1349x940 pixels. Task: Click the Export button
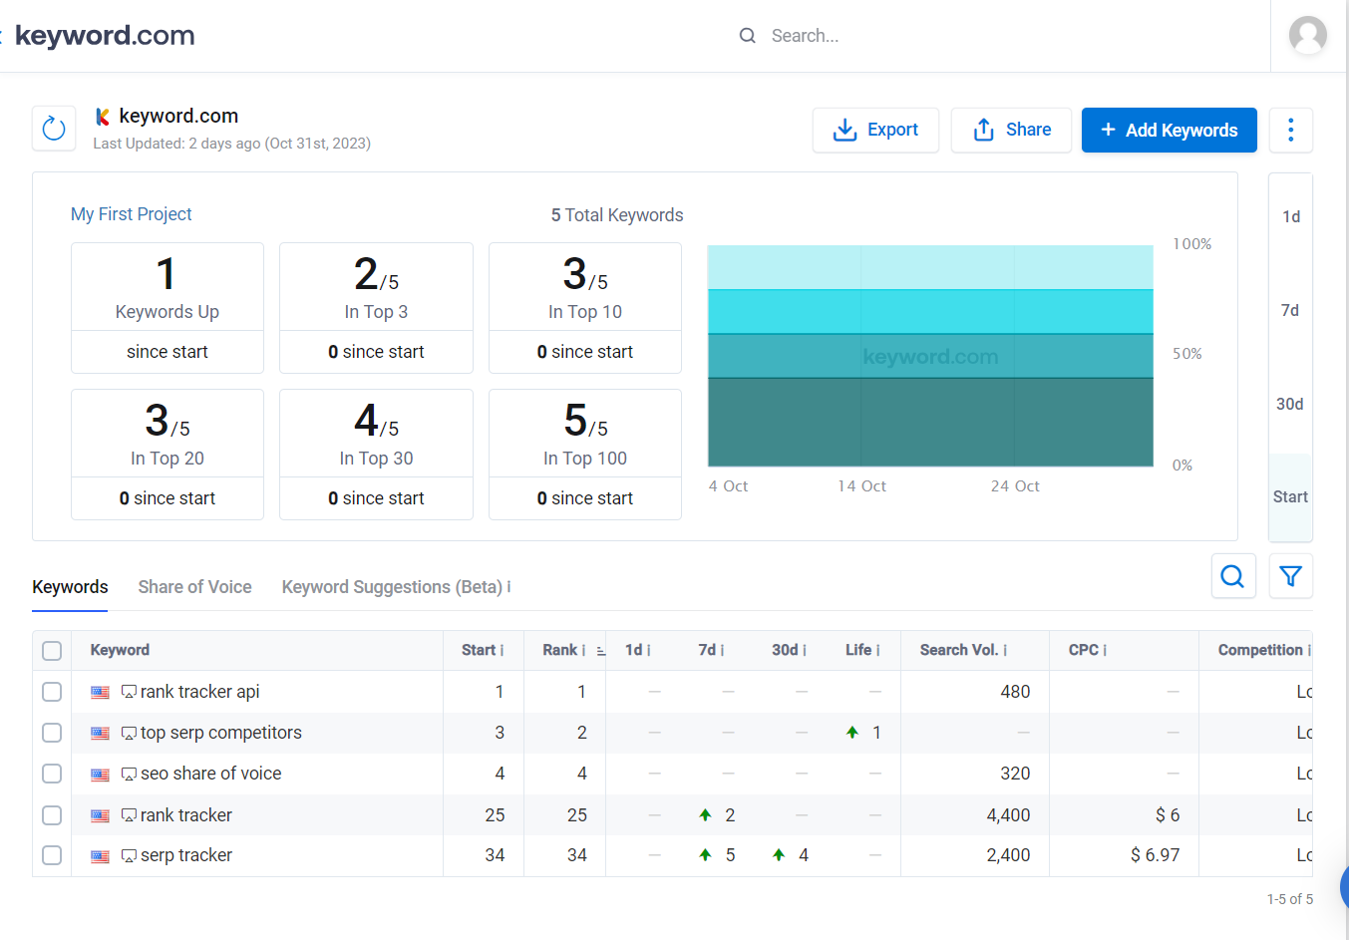click(x=875, y=130)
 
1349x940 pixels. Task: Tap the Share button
click(x=1011, y=130)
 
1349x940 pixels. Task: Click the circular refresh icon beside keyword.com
click(x=54, y=129)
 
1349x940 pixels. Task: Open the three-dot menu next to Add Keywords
click(x=1290, y=130)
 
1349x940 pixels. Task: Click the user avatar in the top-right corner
click(x=1307, y=36)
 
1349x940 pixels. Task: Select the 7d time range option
click(x=1290, y=310)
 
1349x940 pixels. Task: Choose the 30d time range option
click(x=1290, y=404)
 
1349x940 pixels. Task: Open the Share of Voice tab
click(x=194, y=587)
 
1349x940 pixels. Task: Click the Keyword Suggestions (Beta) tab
click(x=391, y=587)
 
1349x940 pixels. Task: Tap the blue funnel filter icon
click(x=1290, y=576)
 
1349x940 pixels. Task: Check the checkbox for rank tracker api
click(x=52, y=692)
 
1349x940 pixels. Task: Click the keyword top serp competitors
click(x=220, y=733)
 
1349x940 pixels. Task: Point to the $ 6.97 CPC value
click(x=1155, y=855)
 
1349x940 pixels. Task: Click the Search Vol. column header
click(x=958, y=650)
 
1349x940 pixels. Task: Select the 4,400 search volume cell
click(x=1008, y=815)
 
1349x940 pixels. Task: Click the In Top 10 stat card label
click(x=585, y=312)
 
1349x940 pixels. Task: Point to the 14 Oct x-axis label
click(x=861, y=486)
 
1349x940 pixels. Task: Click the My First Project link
click(x=132, y=214)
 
